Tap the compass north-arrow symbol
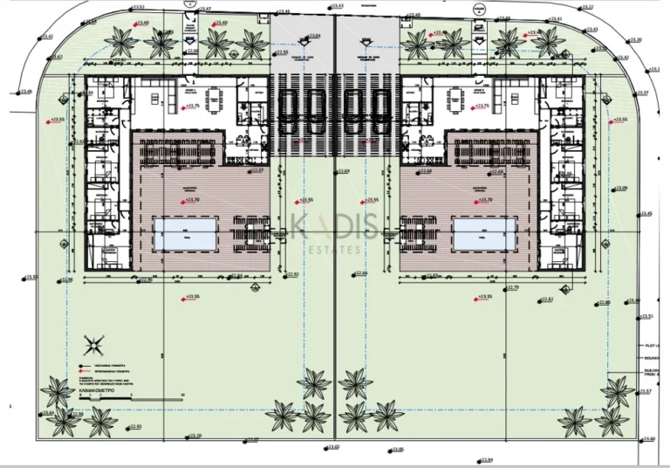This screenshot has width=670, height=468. point(94,341)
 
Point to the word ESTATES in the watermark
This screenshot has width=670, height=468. point(336,251)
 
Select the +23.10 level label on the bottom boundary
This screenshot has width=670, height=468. point(194,436)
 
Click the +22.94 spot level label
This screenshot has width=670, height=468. point(486,460)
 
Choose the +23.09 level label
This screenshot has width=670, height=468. point(621,188)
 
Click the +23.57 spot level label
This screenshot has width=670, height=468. point(645,391)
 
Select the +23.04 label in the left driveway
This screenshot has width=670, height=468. point(314,36)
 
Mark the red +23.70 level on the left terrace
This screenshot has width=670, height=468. point(190,200)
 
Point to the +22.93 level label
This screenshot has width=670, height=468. point(134,426)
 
